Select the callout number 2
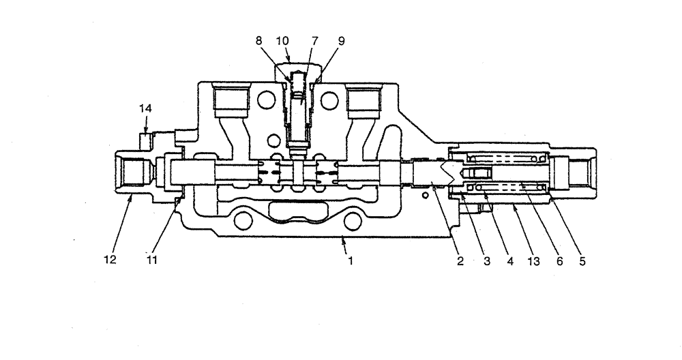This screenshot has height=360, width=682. point(460,260)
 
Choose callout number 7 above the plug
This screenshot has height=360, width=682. point(314,41)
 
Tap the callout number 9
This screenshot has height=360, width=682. point(341,41)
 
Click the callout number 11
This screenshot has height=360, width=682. point(152,260)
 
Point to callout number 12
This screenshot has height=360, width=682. point(110,260)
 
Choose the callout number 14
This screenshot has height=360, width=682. point(145,108)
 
